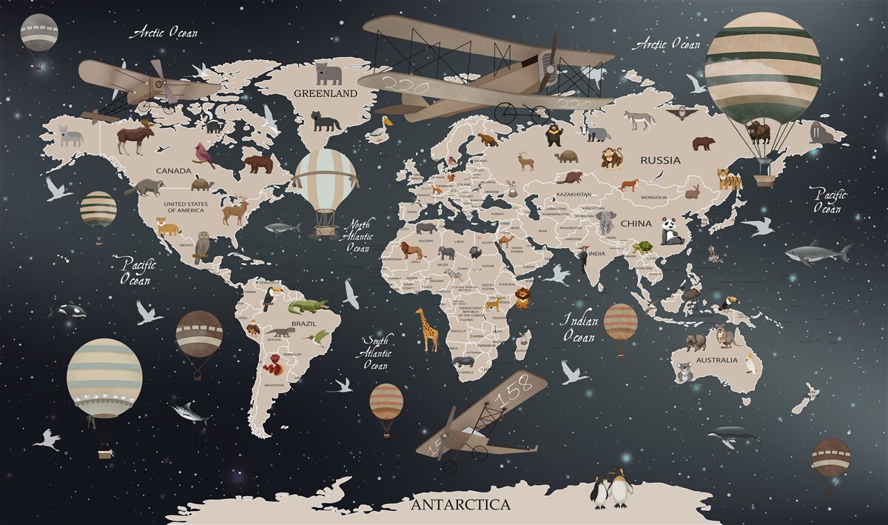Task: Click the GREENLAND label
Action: [x=326, y=94]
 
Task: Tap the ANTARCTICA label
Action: [x=460, y=505]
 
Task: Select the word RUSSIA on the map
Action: [x=661, y=159]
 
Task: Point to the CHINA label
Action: [x=636, y=223]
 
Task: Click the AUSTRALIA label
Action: [x=717, y=360]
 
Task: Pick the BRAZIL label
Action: [x=303, y=324]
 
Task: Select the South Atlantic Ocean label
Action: [x=376, y=352]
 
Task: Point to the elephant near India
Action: [x=608, y=223]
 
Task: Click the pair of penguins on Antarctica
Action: [x=610, y=489]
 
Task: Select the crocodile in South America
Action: [x=307, y=306]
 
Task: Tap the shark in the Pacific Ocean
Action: [x=816, y=254]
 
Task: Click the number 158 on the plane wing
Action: [x=514, y=395]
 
